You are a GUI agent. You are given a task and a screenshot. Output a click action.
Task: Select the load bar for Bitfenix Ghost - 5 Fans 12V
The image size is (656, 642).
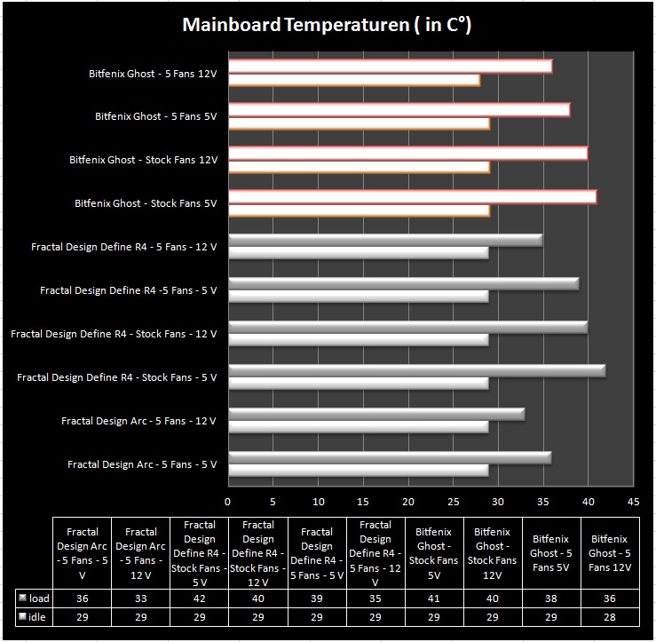tap(391, 67)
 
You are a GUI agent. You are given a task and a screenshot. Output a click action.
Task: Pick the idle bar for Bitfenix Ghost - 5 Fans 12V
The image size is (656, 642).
tap(354, 80)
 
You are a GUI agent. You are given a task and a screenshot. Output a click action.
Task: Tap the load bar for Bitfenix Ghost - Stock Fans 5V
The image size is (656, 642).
tap(413, 197)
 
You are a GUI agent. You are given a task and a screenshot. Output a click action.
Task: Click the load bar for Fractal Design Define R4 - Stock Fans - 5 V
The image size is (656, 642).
tap(417, 371)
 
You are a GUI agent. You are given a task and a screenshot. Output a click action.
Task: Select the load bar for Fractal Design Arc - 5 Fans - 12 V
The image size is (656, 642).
tap(376, 415)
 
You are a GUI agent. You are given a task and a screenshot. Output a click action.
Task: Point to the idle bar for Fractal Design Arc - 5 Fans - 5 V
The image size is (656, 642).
tap(359, 471)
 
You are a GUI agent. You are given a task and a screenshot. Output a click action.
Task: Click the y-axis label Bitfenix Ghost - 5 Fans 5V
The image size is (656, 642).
tap(156, 116)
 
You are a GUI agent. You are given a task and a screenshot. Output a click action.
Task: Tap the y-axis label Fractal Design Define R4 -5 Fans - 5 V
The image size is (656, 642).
tap(129, 290)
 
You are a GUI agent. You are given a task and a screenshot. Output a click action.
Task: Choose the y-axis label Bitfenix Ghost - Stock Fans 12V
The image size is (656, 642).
tap(144, 160)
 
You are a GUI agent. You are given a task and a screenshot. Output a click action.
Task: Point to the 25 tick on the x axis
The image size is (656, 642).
tap(454, 502)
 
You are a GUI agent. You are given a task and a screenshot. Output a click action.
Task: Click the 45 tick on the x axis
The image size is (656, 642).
tap(634, 502)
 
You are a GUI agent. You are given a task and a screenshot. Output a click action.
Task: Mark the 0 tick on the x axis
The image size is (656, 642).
tap(227, 502)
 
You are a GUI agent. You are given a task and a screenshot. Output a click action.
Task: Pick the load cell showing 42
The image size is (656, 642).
tap(200, 598)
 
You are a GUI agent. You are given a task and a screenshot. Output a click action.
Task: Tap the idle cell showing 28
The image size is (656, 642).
tap(610, 617)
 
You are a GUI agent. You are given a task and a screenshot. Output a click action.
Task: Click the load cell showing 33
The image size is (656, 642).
tap(140, 598)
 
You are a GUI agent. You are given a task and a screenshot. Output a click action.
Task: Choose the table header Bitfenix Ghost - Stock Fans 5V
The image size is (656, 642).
tap(434, 553)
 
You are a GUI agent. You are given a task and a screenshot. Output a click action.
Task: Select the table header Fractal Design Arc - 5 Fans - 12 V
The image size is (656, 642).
tap(140, 553)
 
